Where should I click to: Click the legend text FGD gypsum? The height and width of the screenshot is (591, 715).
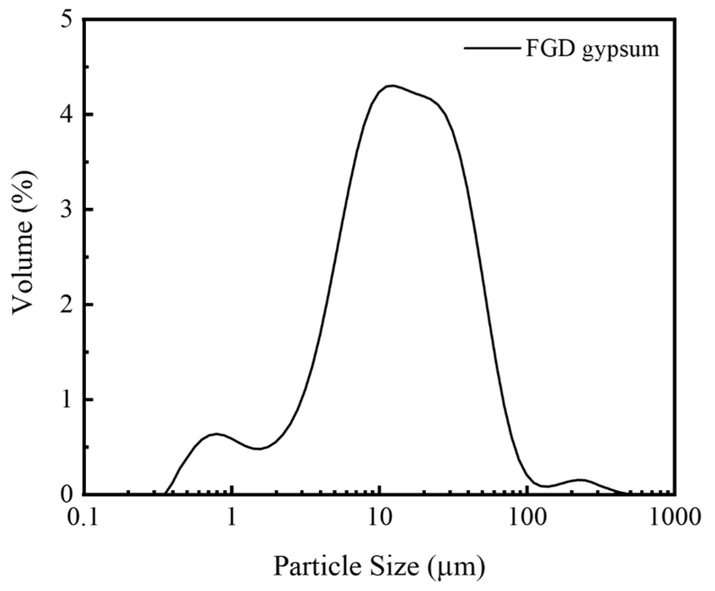(592, 50)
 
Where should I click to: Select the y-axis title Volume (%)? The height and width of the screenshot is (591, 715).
(23, 245)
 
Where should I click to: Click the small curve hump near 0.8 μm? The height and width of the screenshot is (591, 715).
(216, 434)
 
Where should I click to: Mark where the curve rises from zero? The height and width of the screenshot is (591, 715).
(165, 493)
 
